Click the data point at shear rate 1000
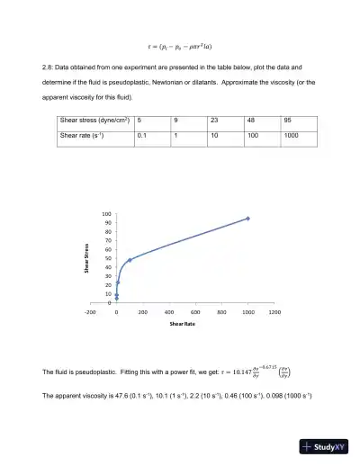tap(247, 219)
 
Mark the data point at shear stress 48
tap(130, 260)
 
